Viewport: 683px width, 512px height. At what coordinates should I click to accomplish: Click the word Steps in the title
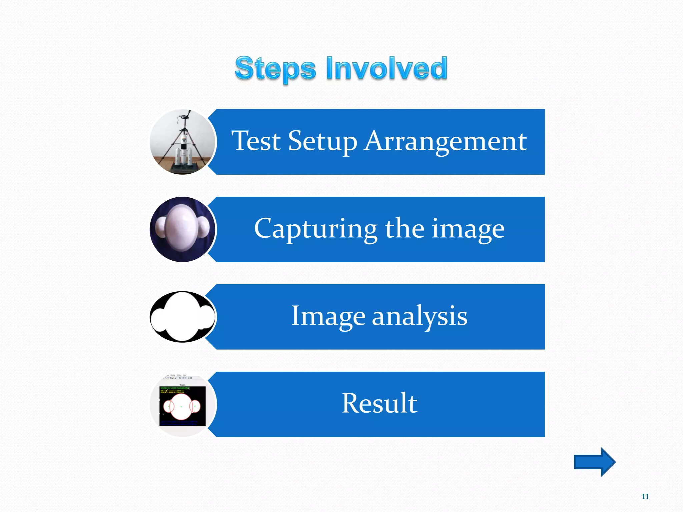pos(275,68)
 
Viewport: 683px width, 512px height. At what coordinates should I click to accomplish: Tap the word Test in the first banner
pos(256,141)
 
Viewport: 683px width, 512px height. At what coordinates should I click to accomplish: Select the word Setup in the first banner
pos(322,142)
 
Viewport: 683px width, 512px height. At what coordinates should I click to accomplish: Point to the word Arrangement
pos(446,141)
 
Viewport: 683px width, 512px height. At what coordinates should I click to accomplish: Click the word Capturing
pos(315,229)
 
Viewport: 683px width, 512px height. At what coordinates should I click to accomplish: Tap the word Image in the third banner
pos(328,316)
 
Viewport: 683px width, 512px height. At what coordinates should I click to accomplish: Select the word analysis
pos(420,316)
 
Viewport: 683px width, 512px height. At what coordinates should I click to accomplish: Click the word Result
pos(380,403)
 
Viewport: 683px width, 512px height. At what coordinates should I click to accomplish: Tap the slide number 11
pos(645,496)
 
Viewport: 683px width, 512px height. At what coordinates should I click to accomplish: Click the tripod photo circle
pos(183,142)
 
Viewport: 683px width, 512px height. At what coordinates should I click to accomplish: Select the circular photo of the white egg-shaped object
pos(183,229)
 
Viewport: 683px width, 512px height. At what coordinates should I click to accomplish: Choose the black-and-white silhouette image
pos(183,317)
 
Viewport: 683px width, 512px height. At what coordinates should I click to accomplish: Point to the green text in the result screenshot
pos(174,390)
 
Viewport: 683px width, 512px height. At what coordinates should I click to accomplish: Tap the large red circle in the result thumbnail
pos(181,407)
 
